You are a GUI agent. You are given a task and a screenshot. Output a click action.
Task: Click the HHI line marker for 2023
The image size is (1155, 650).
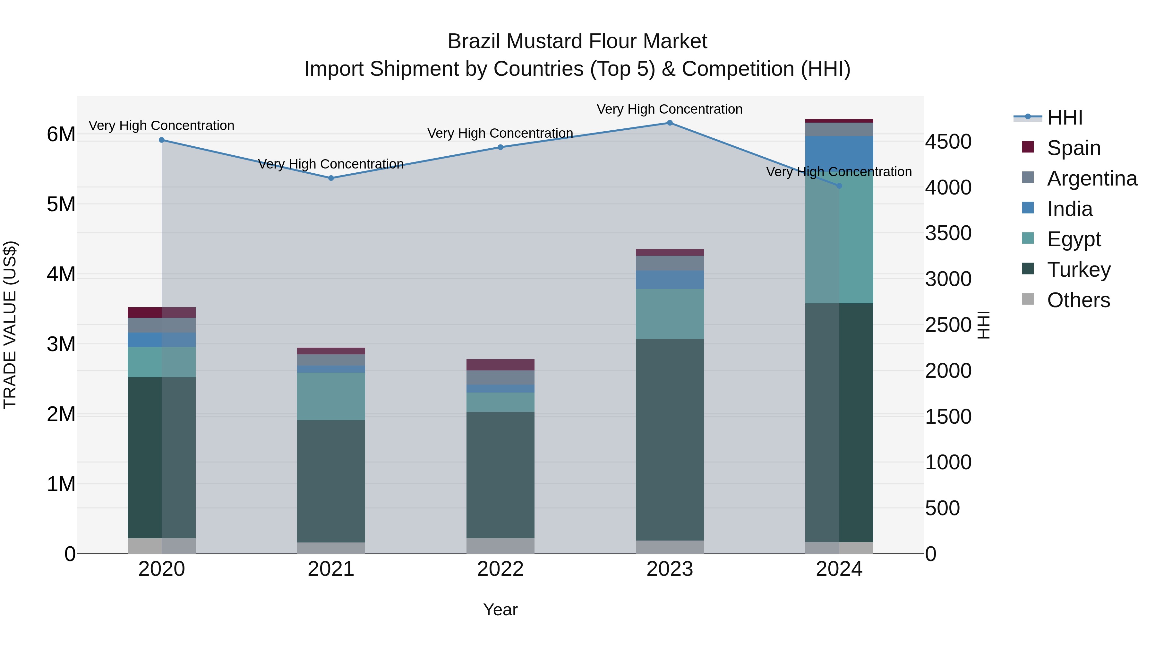[x=669, y=123]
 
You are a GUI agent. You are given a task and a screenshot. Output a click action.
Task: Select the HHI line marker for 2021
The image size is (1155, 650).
[x=331, y=178]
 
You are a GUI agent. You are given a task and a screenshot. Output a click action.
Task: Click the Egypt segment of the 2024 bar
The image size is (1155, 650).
[x=839, y=238]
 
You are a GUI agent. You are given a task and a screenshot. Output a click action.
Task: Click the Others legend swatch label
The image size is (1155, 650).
[x=1078, y=300]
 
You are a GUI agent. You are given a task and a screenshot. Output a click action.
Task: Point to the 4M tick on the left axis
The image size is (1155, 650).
[x=61, y=274]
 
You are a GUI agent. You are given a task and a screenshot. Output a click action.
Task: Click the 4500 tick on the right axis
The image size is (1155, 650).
[x=948, y=142]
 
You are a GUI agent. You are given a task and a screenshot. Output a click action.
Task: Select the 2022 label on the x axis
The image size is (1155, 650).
[x=501, y=569]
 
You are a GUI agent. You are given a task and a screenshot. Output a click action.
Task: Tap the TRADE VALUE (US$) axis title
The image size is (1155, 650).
[x=10, y=325]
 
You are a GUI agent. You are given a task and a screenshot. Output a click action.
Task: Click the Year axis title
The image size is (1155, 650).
[x=501, y=610]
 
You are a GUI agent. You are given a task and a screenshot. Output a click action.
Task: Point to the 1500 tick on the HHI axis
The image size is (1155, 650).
[x=948, y=417]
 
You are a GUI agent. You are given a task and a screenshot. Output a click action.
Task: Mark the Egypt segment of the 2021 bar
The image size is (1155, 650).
[x=331, y=396]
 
